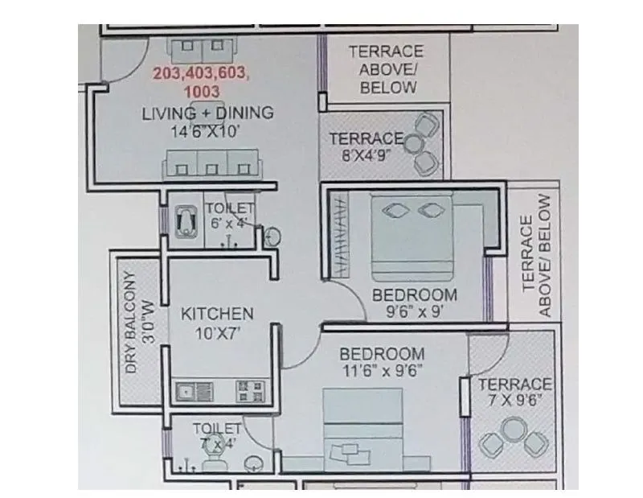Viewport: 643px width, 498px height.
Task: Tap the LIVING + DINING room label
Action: pyautogui.click(x=207, y=113)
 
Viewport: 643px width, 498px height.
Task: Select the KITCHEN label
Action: pyautogui.click(x=216, y=313)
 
